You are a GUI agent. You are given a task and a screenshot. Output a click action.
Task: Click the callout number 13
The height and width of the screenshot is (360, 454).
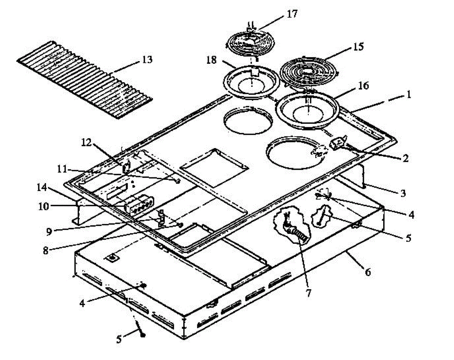tap(147, 59)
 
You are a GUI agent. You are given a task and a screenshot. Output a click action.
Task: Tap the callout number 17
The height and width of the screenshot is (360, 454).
tap(292, 15)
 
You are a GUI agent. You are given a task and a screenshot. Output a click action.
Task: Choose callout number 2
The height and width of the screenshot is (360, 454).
tap(405, 158)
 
